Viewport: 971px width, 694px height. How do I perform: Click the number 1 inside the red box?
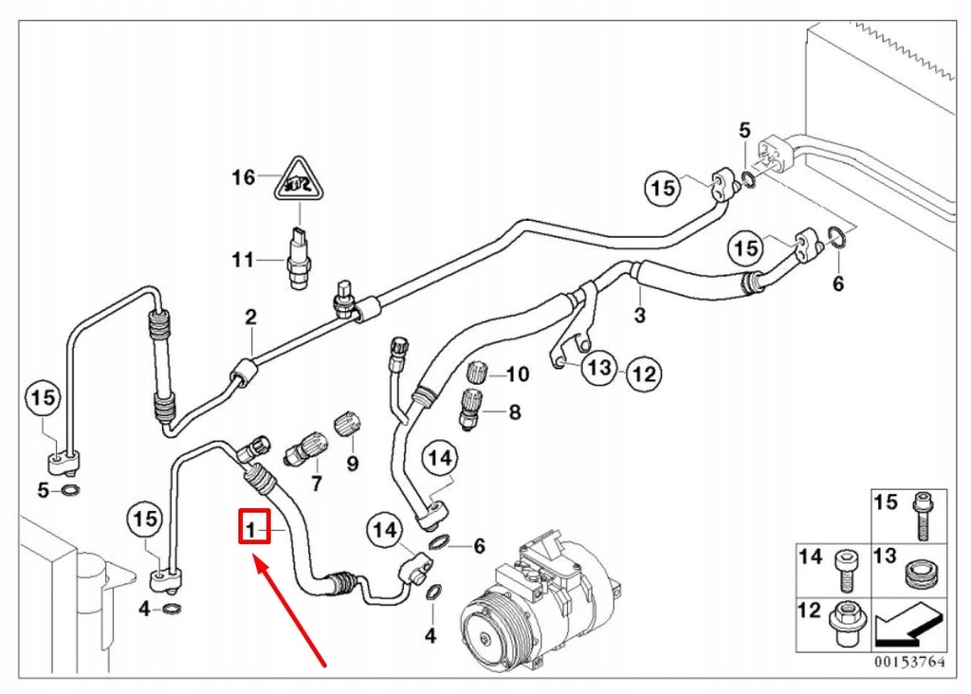pyautogui.click(x=250, y=526)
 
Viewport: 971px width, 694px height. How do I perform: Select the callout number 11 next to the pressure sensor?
pyautogui.click(x=244, y=260)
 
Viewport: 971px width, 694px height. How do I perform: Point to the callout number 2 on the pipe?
pyautogui.click(x=251, y=317)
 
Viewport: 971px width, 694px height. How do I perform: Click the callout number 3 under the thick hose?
pyautogui.click(x=639, y=316)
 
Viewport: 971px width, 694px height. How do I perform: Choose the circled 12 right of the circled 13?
pyautogui.click(x=643, y=374)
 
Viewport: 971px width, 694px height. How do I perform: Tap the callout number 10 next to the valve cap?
pyautogui.click(x=517, y=375)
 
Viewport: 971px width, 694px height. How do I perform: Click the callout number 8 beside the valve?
pyautogui.click(x=515, y=412)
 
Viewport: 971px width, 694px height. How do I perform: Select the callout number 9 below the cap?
pyautogui.click(x=353, y=464)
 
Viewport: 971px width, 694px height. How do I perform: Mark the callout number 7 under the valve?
pyautogui.click(x=317, y=484)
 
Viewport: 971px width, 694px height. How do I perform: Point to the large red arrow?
pyautogui.click(x=289, y=612)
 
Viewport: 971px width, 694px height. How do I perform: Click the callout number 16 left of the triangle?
pyautogui.click(x=244, y=177)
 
